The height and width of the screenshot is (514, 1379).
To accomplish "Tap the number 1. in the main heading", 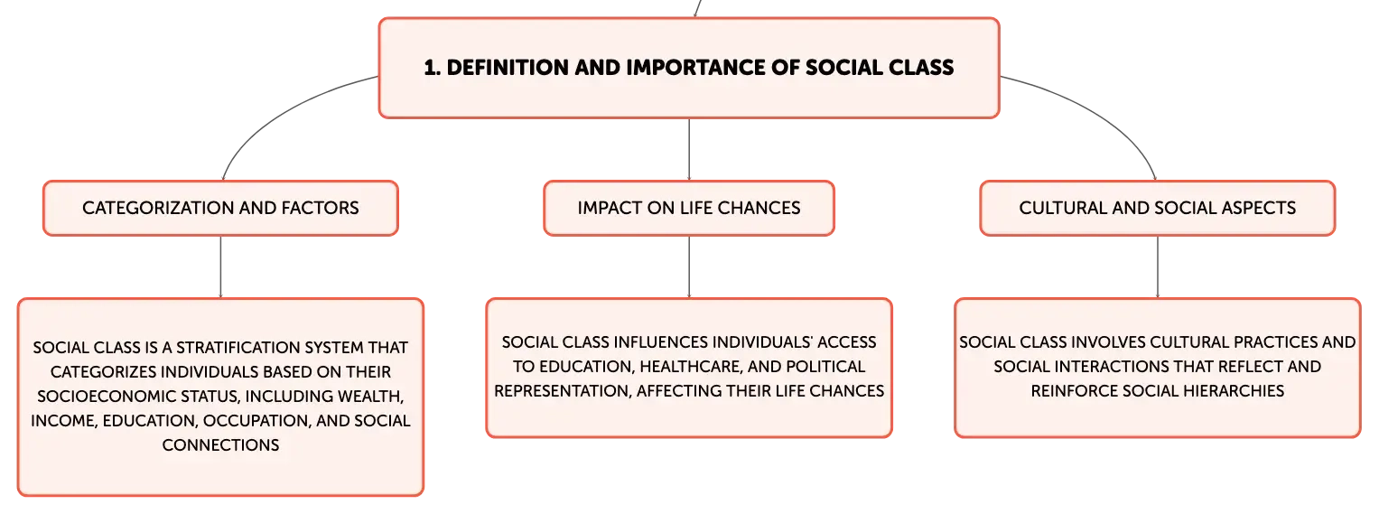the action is (x=433, y=68).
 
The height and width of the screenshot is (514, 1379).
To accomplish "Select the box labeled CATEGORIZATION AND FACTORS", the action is (x=220, y=208).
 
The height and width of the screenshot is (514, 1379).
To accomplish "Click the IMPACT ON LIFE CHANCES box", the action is (x=689, y=208).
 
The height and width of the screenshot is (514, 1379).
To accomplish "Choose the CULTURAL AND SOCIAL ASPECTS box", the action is (x=1158, y=208).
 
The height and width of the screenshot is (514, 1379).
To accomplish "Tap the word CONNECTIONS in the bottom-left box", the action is (x=220, y=445).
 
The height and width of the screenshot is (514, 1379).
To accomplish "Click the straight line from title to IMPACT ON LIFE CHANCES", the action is (x=689, y=150).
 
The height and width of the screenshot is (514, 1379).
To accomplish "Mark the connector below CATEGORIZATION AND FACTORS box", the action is (x=220, y=267).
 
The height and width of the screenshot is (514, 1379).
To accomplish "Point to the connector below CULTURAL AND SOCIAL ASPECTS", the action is (x=1158, y=267).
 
